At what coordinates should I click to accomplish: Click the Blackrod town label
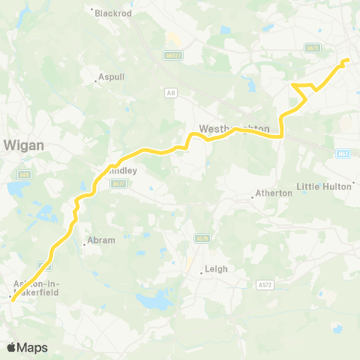(x=112, y=12)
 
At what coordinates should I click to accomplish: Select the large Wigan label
(x=24, y=145)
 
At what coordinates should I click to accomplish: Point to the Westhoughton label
(x=234, y=128)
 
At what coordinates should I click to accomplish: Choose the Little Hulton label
(x=325, y=186)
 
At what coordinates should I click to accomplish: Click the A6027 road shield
(x=173, y=55)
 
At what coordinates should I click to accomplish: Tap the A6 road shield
(x=171, y=91)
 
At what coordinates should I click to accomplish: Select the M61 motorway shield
(x=343, y=153)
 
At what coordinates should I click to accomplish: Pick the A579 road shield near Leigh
(x=201, y=238)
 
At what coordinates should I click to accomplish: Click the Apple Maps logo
(x=27, y=347)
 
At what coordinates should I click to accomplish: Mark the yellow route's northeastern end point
(x=347, y=60)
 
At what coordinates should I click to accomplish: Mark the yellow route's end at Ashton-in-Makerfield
(x=11, y=300)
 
